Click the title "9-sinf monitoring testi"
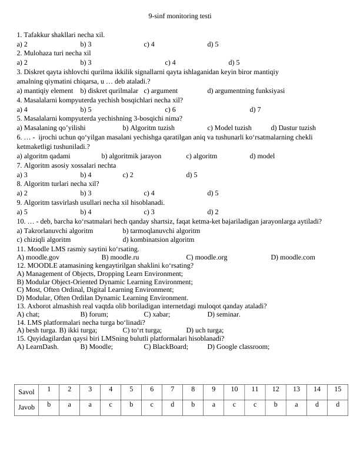[x=179, y=16]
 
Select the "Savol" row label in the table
[x=26, y=392]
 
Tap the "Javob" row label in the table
[x=26, y=407]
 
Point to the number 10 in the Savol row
[x=234, y=389]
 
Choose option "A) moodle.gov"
[x=38, y=257]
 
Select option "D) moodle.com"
[x=293, y=257]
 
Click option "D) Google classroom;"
[x=238, y=347]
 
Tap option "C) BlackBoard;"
[x=166, y=347]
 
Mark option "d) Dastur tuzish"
[x=293, y=128]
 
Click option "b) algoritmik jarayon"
[x=131, y=156]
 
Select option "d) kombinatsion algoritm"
[x=158, y=239]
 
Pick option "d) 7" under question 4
[x=255, y=109]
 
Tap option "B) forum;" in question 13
[x=94, y=314]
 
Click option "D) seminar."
[x=224, y=314]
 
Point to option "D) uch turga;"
[x=205, y=330]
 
